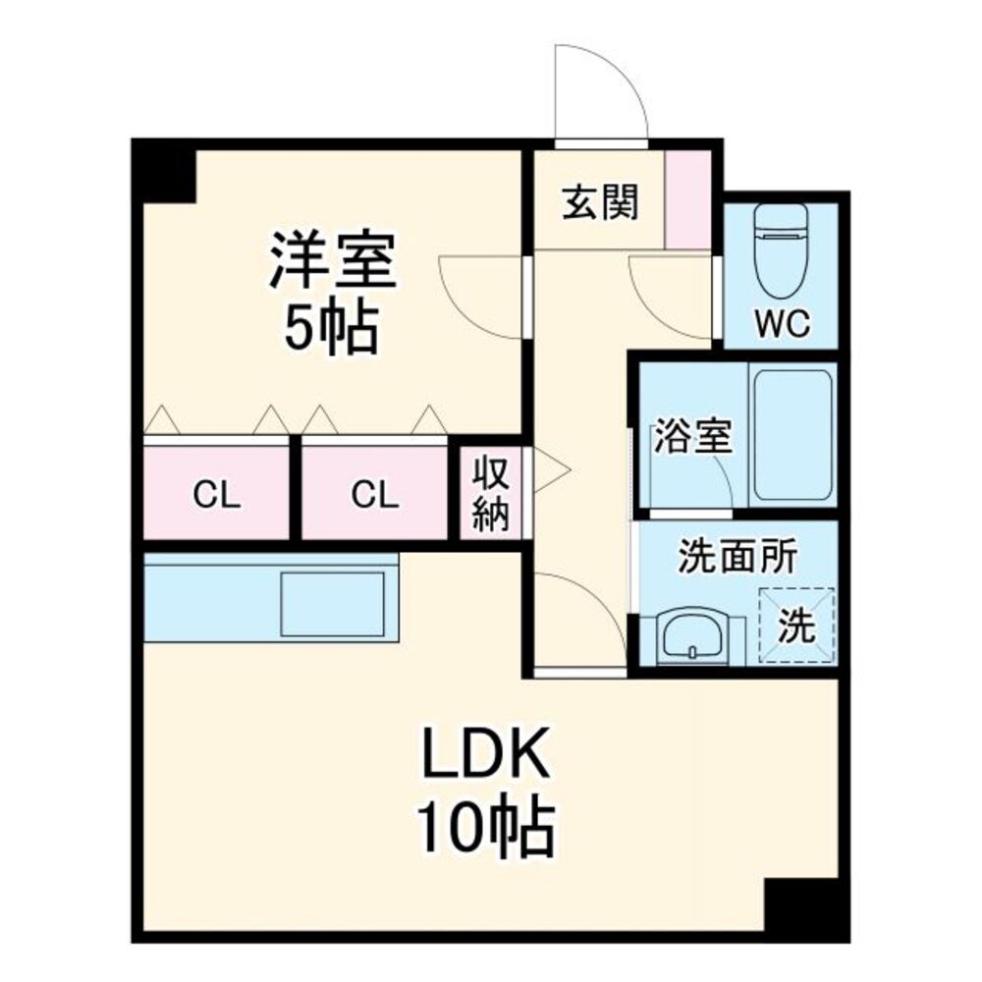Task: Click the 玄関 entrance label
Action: (x=600, y=202)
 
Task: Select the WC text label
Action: (x=783, y=323)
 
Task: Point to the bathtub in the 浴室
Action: (x=792, y=435)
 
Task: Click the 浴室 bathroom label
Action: (x=692, y=437)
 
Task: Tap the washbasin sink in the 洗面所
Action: (x=692, y=634)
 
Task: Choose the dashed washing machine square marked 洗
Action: (x=796, y=625)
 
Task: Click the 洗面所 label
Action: (x=737, y=556)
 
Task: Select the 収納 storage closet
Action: (x=490, y=492)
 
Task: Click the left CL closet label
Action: (x=217, y=495)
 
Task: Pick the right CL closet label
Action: (x=374, y=495)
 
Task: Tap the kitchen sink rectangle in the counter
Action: (x=333, y=604)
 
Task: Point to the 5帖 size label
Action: (x=331, y=328)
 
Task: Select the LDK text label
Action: (x=487, y=752)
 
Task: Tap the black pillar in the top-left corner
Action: (x=164, y=171)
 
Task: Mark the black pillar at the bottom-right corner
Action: (x=806, y=908)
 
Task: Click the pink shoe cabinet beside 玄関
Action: (x=687, y=199)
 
